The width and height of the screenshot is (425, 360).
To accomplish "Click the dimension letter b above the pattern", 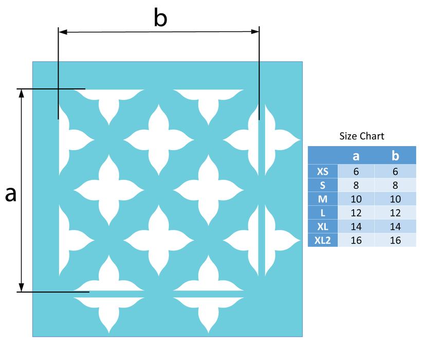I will click(x=160, y=18).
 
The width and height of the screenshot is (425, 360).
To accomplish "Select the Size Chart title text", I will click(x=362, y=136).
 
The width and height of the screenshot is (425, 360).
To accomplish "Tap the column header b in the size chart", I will click(x=395, y=155).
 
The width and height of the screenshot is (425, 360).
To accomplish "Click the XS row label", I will click(x=323, y=171).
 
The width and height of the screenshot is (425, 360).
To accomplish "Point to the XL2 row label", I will click(x=323, y=240).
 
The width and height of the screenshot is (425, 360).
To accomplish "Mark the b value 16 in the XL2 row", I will click(x=395, y=240).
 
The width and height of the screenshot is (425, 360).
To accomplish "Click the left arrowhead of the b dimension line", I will click(x=63, y=32).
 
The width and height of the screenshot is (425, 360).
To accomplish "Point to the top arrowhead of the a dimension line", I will click(x=22, y=93).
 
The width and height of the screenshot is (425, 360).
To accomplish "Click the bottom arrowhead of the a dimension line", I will click(x=22, y=287).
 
